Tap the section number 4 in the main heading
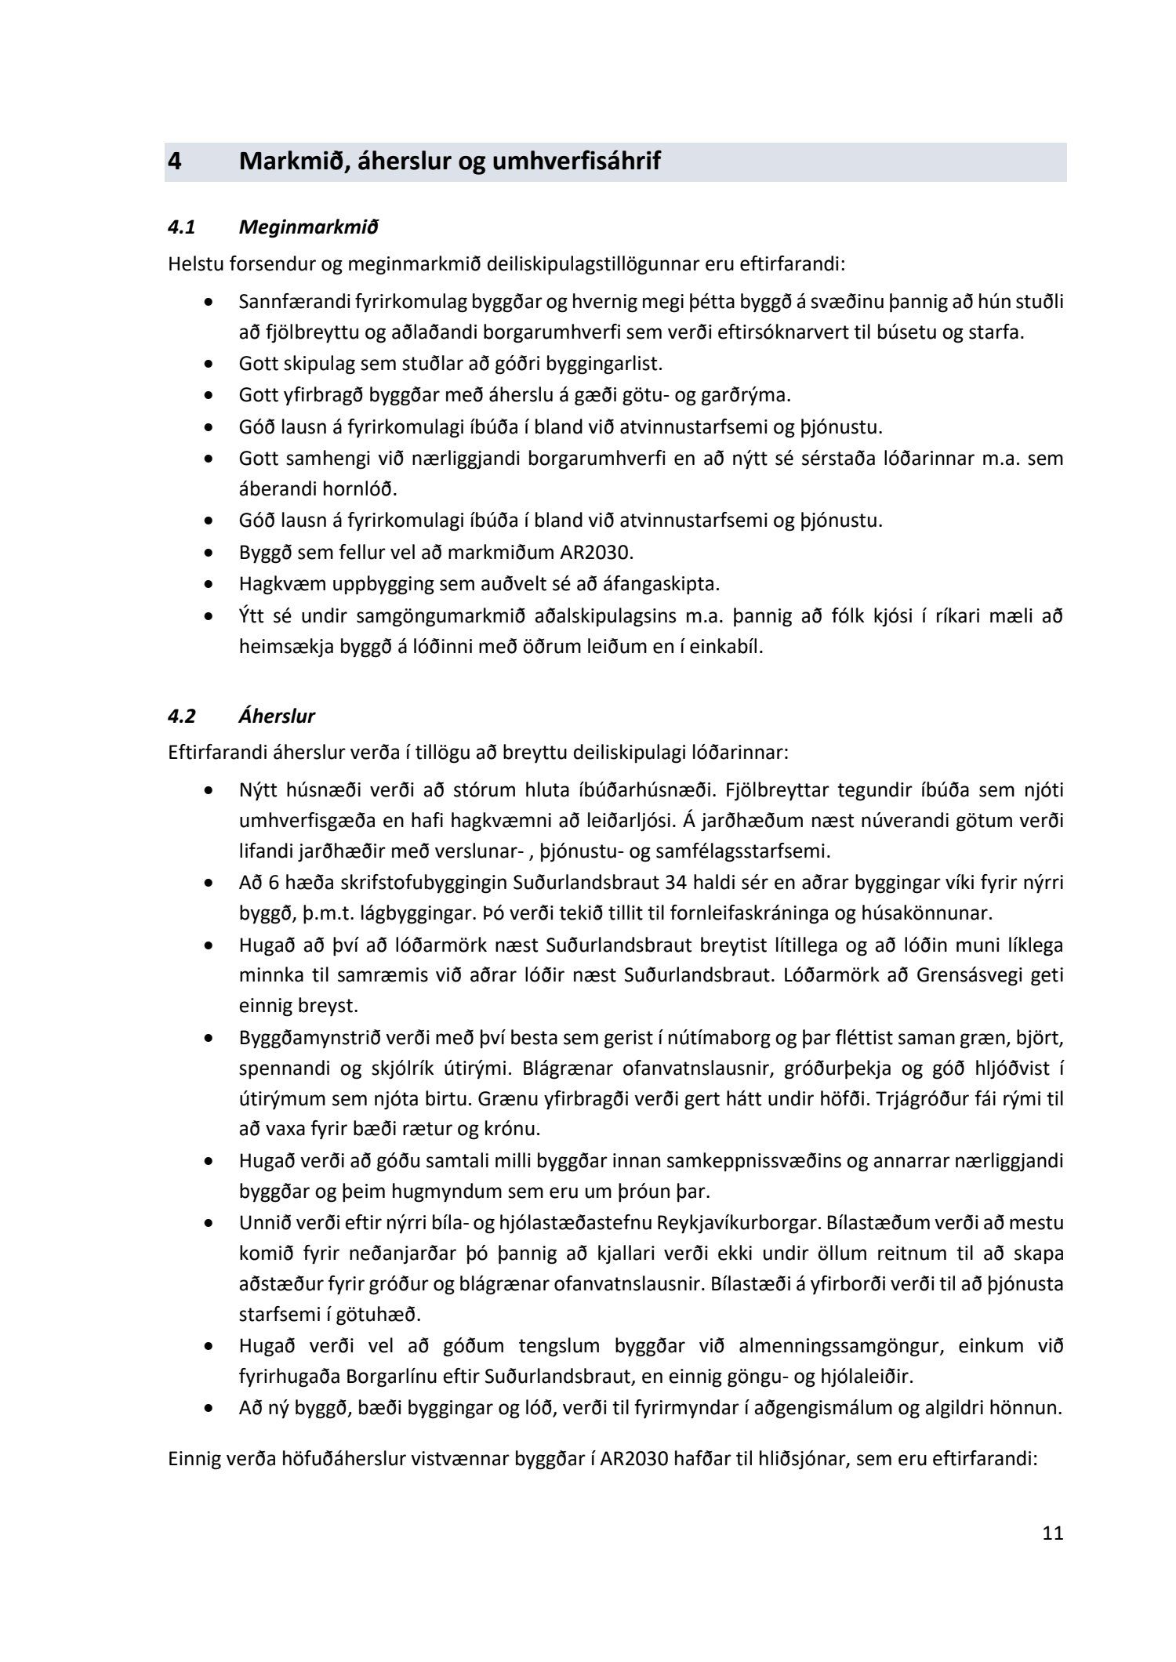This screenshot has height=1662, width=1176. pos(175,161)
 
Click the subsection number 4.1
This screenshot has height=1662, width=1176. pos(182,227)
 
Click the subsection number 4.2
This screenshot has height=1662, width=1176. pos(183,716)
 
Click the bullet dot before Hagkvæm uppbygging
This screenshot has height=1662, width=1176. pos(208,584)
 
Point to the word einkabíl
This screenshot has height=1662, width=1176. pos(728,648)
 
